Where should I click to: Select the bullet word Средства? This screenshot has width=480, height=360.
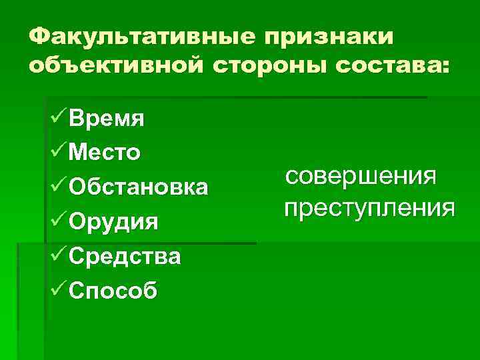125,255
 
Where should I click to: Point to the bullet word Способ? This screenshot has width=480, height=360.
113,290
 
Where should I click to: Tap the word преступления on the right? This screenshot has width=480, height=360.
369,208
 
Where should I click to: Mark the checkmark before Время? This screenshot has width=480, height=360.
59,119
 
